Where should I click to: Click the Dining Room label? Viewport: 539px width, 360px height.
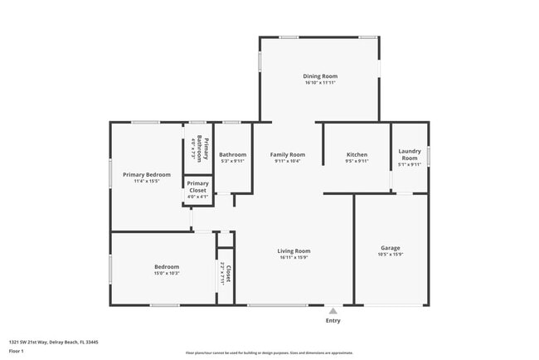(320, 76)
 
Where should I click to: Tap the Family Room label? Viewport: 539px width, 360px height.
(288, 154)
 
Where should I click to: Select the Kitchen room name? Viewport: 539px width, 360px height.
(357, 154)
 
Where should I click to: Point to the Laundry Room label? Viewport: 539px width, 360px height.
(410, 153)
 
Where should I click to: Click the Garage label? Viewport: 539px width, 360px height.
(390, 248)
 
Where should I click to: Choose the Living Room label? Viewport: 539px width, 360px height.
(294, 251)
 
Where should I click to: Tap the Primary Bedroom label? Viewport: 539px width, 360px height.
(147, 174)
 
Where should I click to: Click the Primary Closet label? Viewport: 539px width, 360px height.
(197, 187)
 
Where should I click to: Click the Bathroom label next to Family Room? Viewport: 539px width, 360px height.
(232, 154)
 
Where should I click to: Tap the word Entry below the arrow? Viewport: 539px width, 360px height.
(333, 321)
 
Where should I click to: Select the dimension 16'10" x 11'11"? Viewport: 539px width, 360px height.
(320, 83)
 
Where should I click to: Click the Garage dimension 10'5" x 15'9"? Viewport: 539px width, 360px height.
(390, 255)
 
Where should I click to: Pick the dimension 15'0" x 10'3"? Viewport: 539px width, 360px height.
(166, 273)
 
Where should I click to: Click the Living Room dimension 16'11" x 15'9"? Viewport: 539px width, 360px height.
(294, 257)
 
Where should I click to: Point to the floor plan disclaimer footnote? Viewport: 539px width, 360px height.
(269, 352)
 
